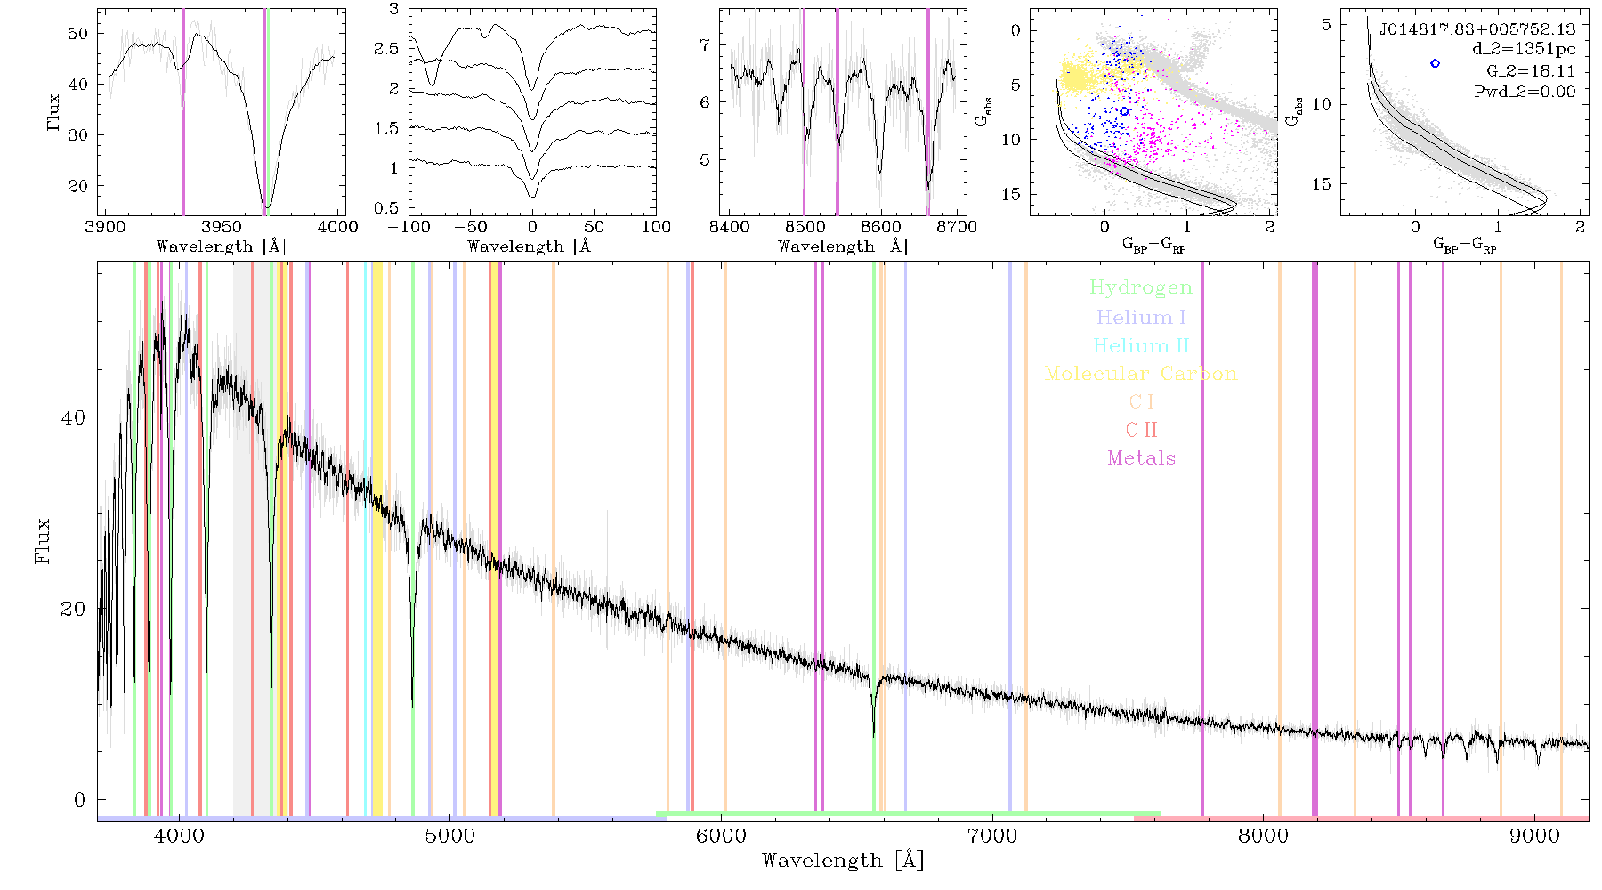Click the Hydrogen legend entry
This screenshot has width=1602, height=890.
click(x=1140, y=288)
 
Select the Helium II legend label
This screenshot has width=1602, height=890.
click(x=1141, y=345)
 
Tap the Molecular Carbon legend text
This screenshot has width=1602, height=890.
click(x=1141, y=374)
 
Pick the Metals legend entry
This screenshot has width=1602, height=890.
click(x=1141, y=458)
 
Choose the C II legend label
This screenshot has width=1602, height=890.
click(x=1141, y=430)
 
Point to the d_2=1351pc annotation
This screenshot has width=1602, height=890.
click(x=1524, y=50)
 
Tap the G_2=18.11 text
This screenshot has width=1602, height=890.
click(x=1531, y=71)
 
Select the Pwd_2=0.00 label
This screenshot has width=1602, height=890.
click(x=1525, y=92)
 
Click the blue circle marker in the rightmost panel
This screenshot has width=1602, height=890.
click(x=1435, y=63)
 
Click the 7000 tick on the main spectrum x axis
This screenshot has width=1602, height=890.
click(x=992, y=836)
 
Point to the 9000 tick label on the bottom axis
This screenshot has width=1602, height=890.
click(x=1534, y=836)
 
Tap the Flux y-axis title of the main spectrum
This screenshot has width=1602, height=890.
click(x=42, y=541)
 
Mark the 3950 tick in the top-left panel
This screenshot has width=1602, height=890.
click(x=222, y=226)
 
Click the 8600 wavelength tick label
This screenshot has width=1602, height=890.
click(x=881, y=226)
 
